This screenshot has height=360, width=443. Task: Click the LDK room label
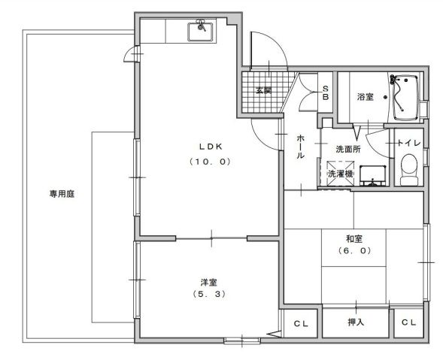[208, 146]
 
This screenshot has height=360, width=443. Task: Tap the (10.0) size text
[208, 162]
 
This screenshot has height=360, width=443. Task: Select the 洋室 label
[208, 282]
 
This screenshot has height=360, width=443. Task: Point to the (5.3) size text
[208, 295]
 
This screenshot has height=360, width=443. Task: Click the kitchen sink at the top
[202, 32]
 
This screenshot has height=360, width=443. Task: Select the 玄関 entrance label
[262, 91]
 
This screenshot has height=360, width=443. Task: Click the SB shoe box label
[326, 92]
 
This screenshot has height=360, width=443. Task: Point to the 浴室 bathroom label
[366, 96]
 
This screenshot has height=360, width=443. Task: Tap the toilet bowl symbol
[408, 168]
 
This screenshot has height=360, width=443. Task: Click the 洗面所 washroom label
[348, 150]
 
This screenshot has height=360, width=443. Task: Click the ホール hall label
[300, 147]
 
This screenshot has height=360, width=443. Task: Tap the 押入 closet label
[356, 323]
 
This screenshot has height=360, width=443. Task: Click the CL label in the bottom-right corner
[408, 323]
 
